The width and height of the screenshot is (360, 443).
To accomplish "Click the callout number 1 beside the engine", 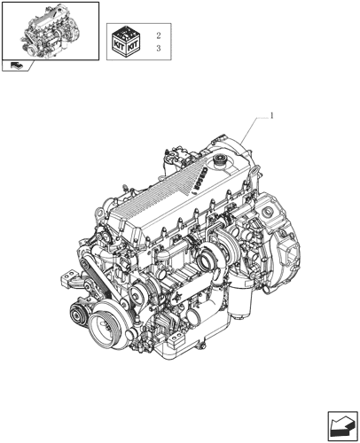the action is point(272,116).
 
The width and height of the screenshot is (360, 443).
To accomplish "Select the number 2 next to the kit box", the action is point(159,35).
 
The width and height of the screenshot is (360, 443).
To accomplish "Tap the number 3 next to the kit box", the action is point(159,48).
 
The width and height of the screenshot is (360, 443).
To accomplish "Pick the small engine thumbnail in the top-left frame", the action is point(51,30).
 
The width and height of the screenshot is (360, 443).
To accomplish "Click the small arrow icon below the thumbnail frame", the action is point(16,66).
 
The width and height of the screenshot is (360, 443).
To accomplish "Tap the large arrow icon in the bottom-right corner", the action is point(343,426).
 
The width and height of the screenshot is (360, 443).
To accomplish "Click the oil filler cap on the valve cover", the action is point(220,161).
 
